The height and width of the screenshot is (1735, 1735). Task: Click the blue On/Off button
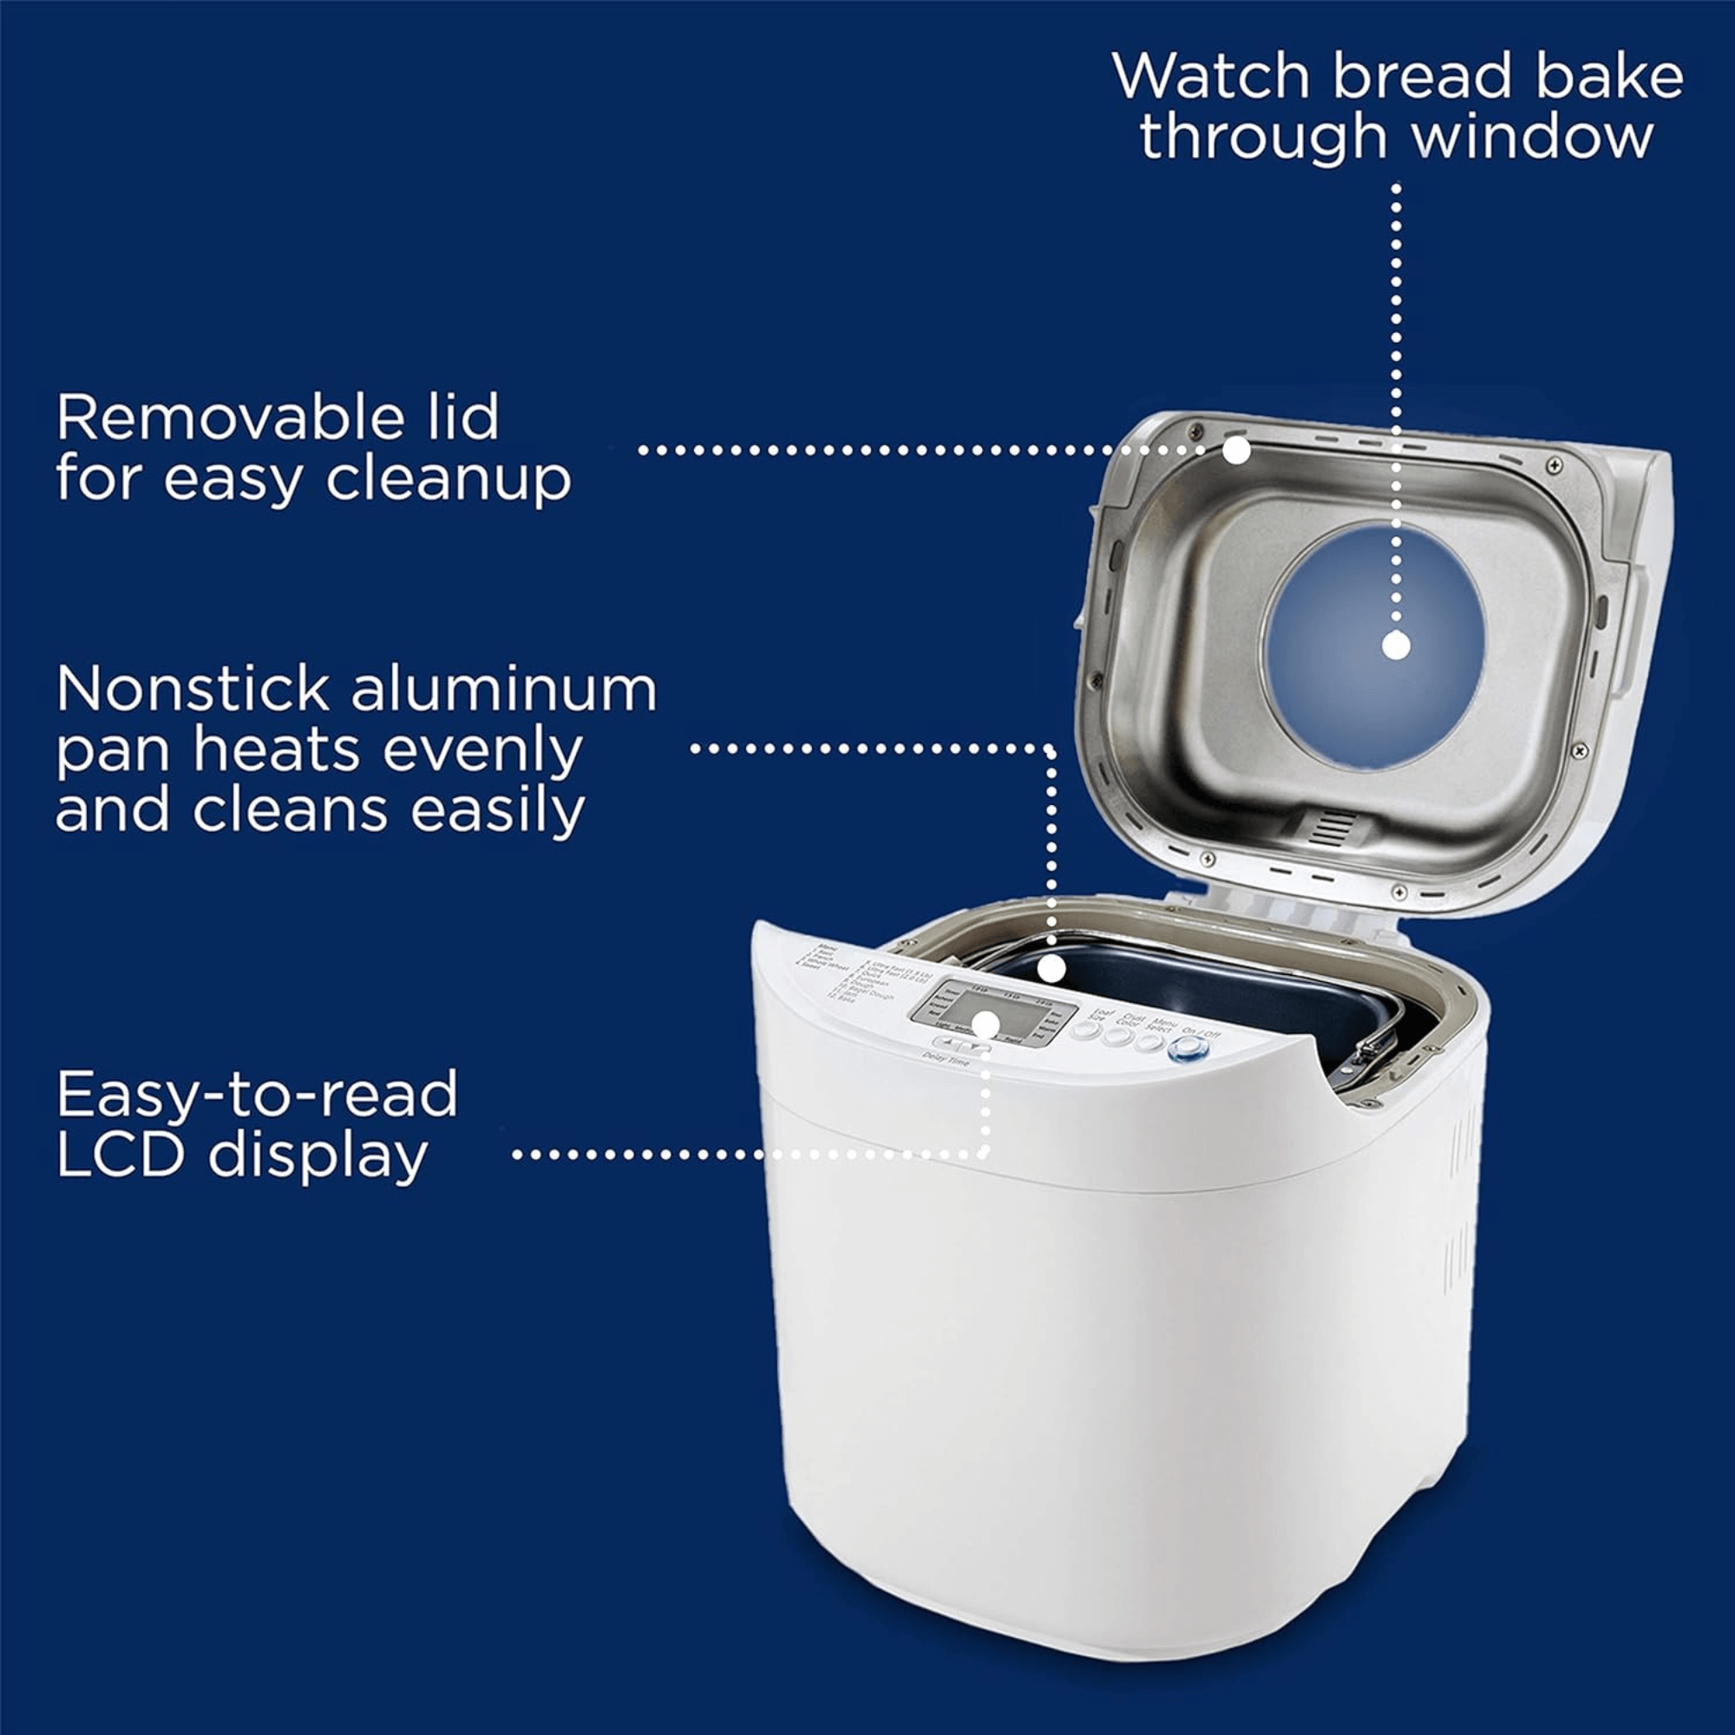click(1188, 1047)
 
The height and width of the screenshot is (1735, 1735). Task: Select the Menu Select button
click(1150, 1043)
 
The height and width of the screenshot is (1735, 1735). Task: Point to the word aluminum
click(503, 690)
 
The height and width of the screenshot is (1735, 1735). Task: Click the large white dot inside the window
click(1396, 645)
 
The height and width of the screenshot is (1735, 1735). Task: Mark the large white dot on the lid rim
click(1236, 449)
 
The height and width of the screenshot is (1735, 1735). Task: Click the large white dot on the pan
click(1051, 969)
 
